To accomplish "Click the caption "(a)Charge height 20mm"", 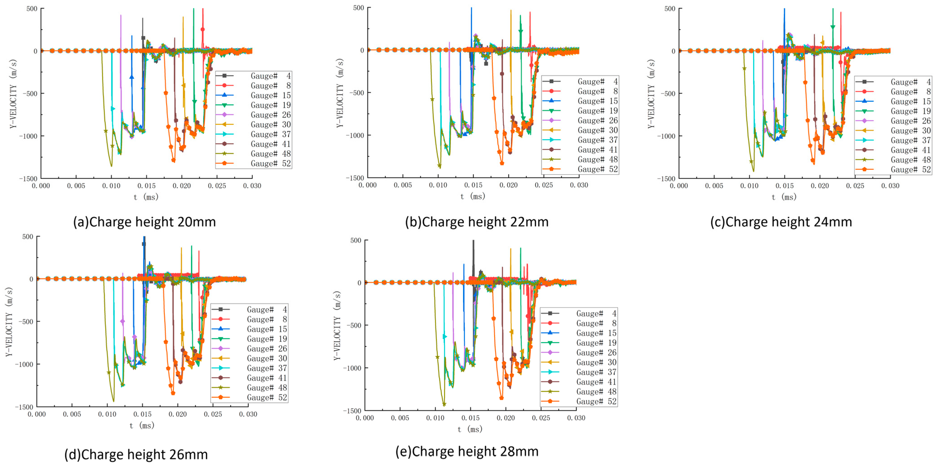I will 144,222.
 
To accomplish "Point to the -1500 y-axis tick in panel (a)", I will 28,178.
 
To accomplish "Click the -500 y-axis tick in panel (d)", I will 24,322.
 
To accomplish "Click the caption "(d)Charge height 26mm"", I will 136,454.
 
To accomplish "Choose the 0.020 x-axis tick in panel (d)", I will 177,414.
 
